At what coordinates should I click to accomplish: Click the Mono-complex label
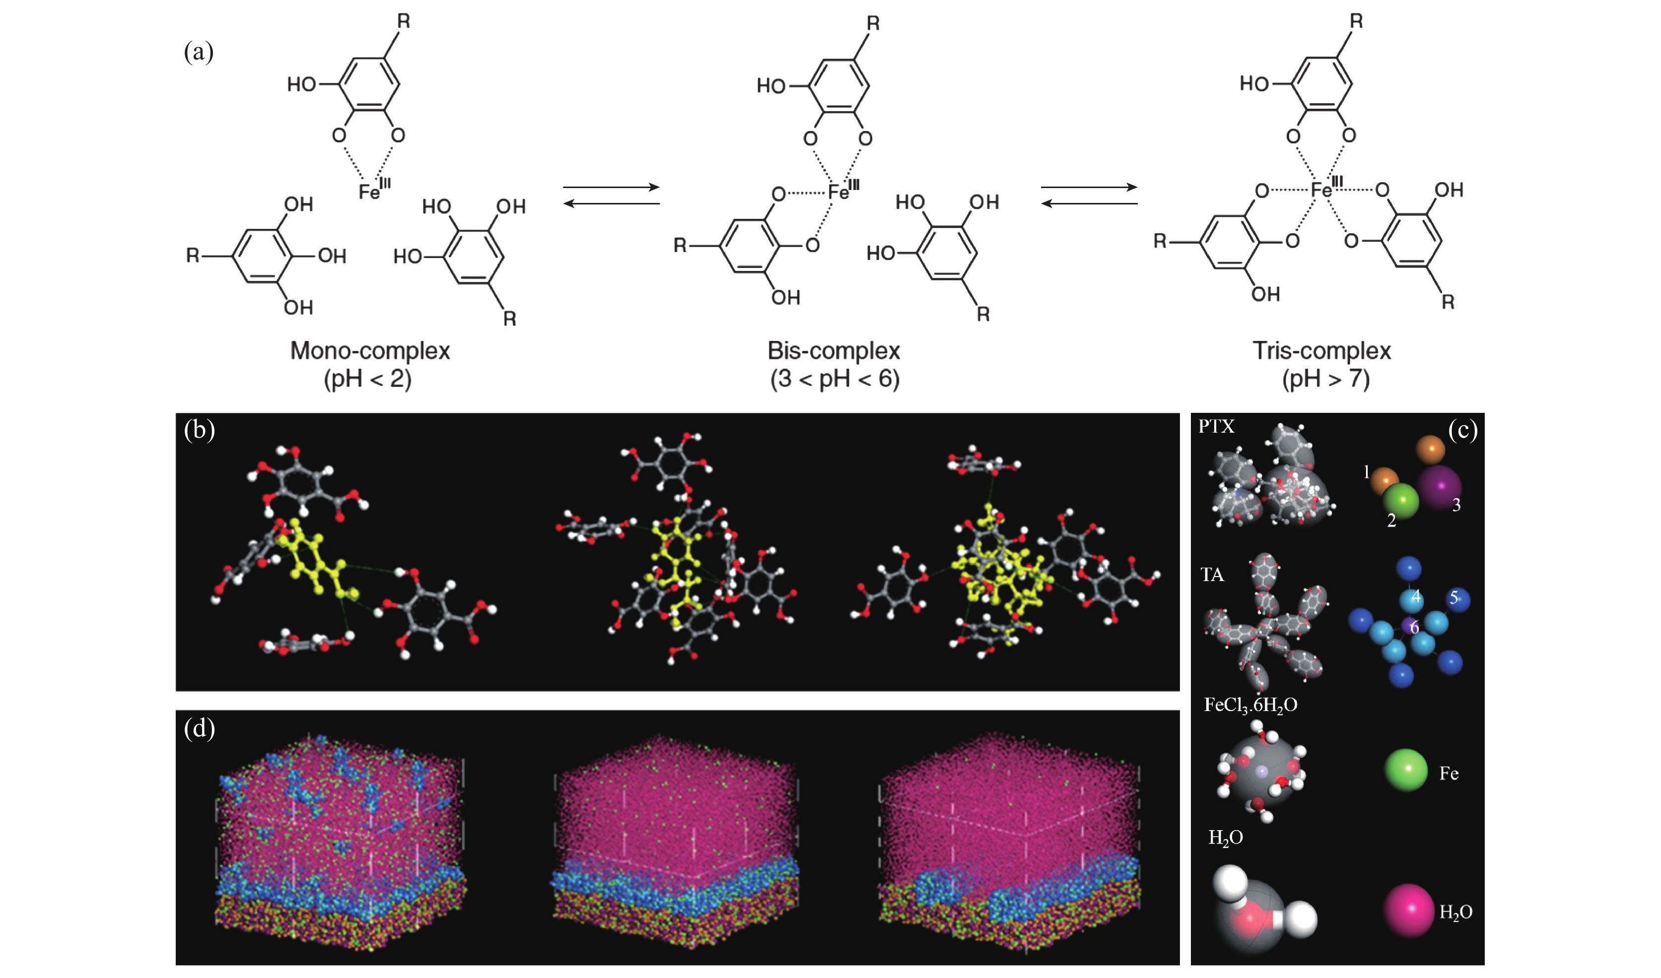tap(370, 351)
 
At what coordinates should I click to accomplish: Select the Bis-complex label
tap(834, 351)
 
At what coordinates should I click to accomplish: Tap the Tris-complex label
tap(1321, 351)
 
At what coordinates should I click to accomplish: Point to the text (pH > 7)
tap(1325, 379)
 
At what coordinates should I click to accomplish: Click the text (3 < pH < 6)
tap(834, 379)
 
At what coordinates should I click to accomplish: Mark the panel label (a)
tap(199, 52)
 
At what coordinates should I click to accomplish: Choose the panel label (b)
tap(200, 430)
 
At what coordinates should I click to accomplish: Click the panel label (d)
tap(200, 728)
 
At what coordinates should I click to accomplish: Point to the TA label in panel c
tap(1212, 575)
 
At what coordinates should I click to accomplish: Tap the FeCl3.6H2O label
tap(1250, 705)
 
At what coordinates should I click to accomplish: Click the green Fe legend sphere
tap(1406, 770)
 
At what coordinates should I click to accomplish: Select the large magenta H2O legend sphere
tap(1410, 910)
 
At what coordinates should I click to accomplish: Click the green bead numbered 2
tap(1400, 501)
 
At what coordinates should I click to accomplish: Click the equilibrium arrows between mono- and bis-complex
tap(612, 196)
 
